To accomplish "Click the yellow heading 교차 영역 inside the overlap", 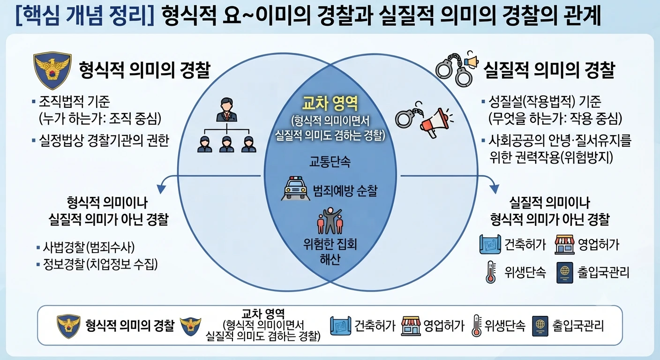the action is tap(330, 103).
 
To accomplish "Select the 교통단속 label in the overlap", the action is tap(330, 161).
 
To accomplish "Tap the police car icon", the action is tap(295, 188).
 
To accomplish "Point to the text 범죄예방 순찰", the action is tap(345, 191).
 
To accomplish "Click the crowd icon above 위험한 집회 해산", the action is tap(330, 221).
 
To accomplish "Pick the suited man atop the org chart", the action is tap(226, 110).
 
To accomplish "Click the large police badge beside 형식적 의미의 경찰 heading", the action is tap(52, 70).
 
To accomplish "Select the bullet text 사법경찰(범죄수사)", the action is tap(89, 247).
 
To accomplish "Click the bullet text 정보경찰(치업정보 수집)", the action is tap(100, 264).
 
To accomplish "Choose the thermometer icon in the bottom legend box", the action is tap(476, 325).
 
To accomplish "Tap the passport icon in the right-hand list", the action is tap(565, 272).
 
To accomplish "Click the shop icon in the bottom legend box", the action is tap(411, 326).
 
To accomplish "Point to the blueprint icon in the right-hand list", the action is tap(490, 244).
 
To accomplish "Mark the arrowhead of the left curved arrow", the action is tap(161, 188).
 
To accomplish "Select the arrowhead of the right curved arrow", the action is tap(495, 188).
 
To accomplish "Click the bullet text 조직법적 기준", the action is tap(74, 102).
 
